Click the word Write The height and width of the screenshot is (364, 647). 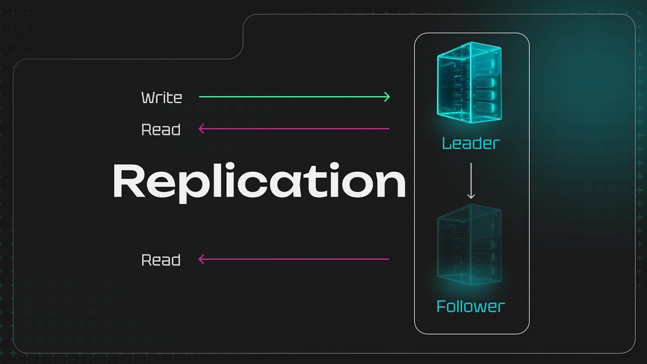pyautogui.click(x=161, y=97)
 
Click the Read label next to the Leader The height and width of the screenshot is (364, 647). pyautogui.click(x=161, y=130)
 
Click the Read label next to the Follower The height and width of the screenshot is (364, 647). pyautogui.click(x=161, y=260)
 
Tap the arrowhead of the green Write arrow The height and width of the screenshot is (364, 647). pyautogui.click(x=387, y=97)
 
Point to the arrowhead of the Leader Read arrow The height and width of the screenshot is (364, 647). pyautogui.click(x=201, y=129)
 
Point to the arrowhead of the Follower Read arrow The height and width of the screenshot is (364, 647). pyautogui.click(x=201, y=259)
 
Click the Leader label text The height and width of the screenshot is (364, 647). pyautogui.click(x=471, y=144)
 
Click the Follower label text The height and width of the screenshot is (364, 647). pyautogui.click(x=471, y=306)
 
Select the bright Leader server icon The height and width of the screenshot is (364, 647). pyautogui.click(x=469, y=82)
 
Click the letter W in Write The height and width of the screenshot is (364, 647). pyautogui.click(x=148, y=97)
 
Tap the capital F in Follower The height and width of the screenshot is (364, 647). pyautogui.click(x=441, y=306)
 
